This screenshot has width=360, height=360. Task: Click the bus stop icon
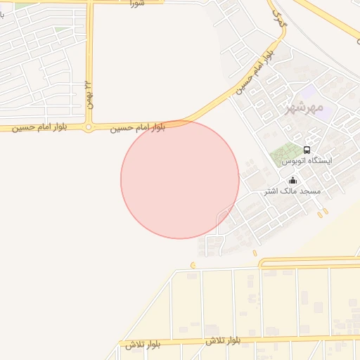pos(307,150)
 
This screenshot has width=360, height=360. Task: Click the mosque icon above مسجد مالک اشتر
pos(292,181)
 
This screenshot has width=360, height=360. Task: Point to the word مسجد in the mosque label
pos(310,191)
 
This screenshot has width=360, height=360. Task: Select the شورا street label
pos(137,4)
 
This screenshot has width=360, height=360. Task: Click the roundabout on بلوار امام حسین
pos(89,127)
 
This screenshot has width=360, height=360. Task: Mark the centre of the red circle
pos(180,179)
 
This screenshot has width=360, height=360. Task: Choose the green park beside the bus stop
pos(285,151)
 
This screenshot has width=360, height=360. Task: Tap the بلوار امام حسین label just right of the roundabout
pos(138,128)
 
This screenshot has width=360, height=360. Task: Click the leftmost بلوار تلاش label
pos(144,345)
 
